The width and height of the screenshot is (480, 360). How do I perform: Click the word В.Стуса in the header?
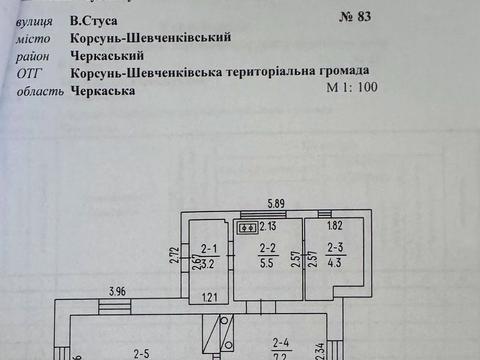92,19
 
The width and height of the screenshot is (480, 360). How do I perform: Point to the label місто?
35,37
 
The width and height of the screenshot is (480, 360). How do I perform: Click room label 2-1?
209,250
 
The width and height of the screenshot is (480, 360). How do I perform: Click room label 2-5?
142,351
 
